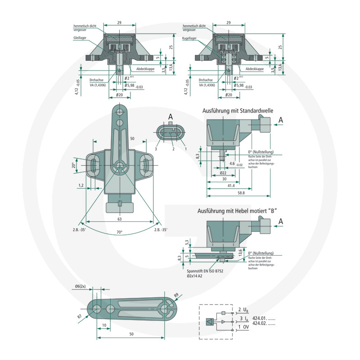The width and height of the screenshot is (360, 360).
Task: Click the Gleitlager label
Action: click(80, 39)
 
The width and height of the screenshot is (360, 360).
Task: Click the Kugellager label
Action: click(189, 39)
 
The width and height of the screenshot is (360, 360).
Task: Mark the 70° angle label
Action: click(119, 232)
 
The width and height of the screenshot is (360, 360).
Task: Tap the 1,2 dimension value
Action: click(81, 185)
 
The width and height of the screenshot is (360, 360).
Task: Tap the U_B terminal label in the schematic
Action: click(243, 310)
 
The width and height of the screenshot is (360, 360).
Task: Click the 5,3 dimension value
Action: click(187, 242)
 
